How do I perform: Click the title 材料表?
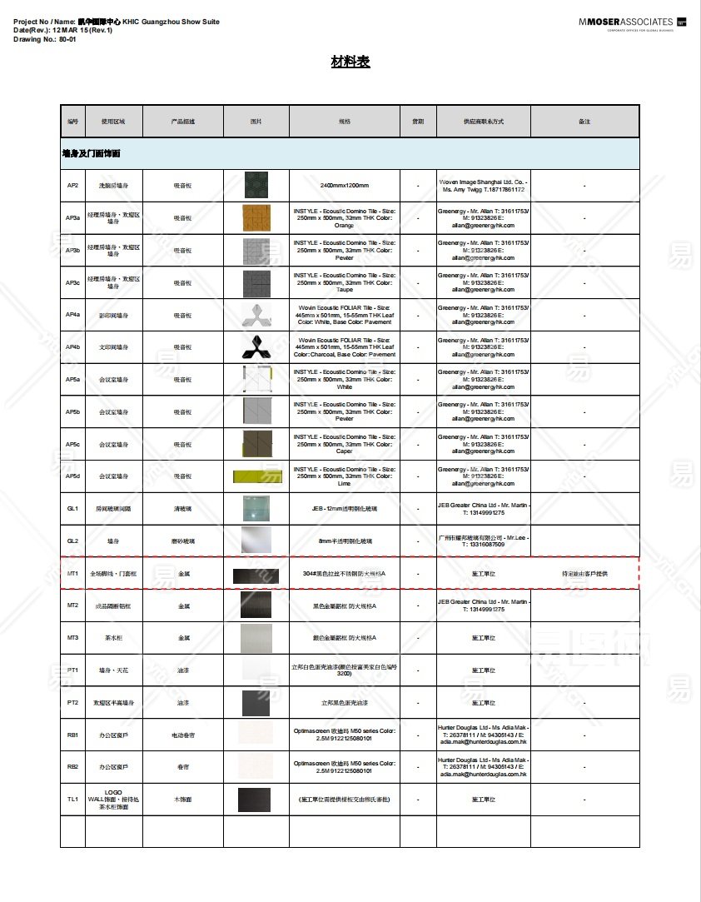[350, 62]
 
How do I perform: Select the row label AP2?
[72, 185]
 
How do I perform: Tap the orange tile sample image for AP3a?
[256, 217]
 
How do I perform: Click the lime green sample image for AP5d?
[257, 476]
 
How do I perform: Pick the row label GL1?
[72, 508]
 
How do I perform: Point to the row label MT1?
[72, 573]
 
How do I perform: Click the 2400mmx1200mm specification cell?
[344, 185]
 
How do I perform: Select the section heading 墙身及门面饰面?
[92, 154]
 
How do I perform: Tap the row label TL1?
[72, 800]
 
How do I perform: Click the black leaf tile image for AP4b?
[256, 346]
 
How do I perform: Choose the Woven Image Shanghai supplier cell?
[483, 185]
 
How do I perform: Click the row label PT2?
[72, 703]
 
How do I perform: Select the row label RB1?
[72, 735]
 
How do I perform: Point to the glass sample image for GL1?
[256, 508]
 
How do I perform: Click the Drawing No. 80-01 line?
[45, 39]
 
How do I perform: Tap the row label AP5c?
[72, 444]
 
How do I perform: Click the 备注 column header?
[584, 122]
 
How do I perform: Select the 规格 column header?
[344, 122]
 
